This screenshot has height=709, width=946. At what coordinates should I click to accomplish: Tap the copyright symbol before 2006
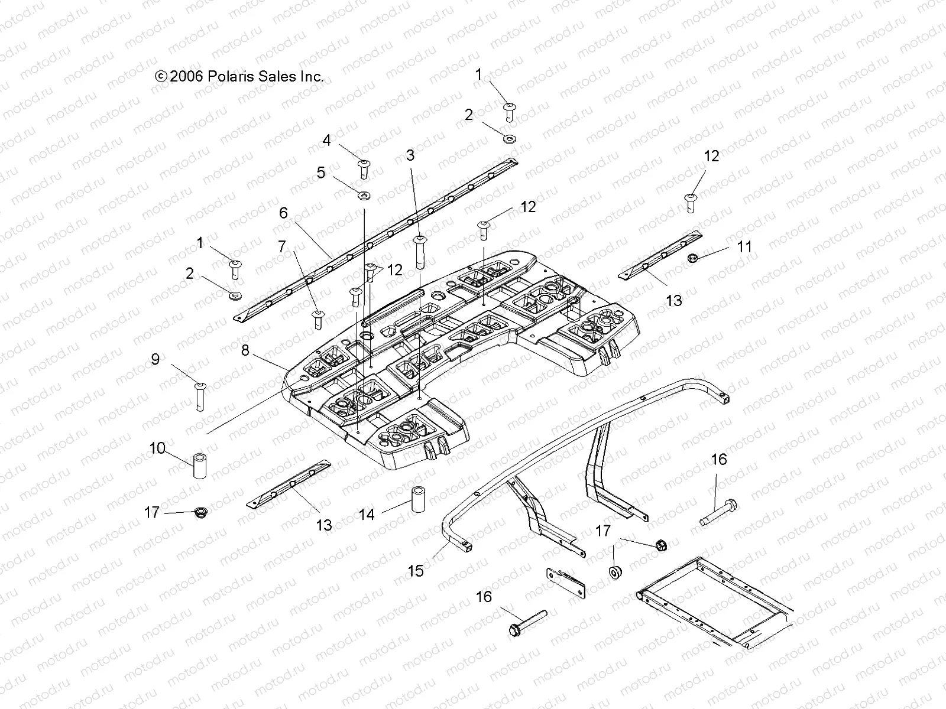(x=160, y=76)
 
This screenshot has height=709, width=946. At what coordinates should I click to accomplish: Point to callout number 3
(x=410, y=155)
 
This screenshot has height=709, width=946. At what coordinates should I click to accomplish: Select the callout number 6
(x=284, y=213)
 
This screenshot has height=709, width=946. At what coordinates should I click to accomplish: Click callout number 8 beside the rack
(x=245, y=350)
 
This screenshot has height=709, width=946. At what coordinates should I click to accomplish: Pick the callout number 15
(x=416, y=571)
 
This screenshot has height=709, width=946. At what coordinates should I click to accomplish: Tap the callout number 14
(x=367, y=515)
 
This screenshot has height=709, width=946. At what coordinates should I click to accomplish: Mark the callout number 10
(x=157, y=448)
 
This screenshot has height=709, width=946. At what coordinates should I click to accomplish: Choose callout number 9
(x=155, y=359)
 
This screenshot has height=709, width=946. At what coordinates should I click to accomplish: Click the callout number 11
(x=744, y=246)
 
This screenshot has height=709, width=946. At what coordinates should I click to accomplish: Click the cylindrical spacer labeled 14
(x=419, y=500)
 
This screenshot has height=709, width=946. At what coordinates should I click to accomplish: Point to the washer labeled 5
(x=363, y=194)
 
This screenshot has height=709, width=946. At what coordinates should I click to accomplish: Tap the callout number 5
(x=321, y=173)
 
